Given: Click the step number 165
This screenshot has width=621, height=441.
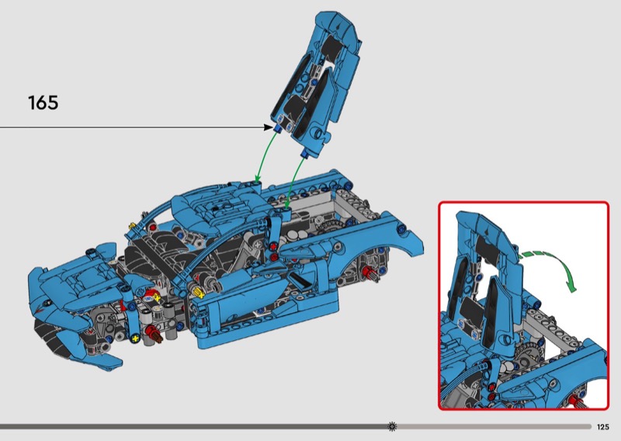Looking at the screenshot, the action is tap(43, 102).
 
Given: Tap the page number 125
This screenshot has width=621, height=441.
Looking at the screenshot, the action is tap(602, 427).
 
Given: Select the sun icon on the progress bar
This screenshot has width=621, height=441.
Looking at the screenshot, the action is tap(392, 426).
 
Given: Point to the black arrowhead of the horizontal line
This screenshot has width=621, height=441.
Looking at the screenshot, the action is tap(268, 127).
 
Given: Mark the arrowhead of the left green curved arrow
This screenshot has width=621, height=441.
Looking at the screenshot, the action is tap(258, 179).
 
